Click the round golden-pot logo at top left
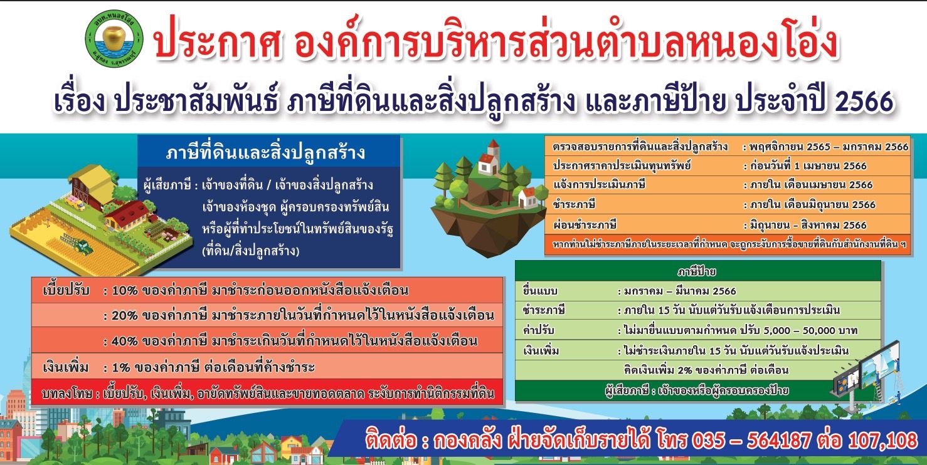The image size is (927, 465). pyautogui.click(x=114, y=37)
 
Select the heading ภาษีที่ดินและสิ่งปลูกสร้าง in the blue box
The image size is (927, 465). pyautogui.click(x=265, y=152)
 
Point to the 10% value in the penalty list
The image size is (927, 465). pyautogui.click(x=125, y=291)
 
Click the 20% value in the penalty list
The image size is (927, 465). pyautogui.click(x=125, y=316)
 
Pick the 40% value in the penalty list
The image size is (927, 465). pyautogui.click(x=125, y=342)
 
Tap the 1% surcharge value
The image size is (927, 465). pyautogui.click(x=120, y=367)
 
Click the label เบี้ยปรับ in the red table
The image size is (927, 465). pyautogui.click(x=66, y=290)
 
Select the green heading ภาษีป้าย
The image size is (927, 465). pyautogui.click(x=697, y=271)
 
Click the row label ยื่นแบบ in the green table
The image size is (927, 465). pyautogui.click(x=540, y=291)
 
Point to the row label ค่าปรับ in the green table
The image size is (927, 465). pyautogui.click(x=538, y=330)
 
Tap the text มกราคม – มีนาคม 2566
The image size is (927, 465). pyautogui.click(x=681, y=291)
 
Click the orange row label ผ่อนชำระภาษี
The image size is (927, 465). pyautogui.click(x=585, y=225)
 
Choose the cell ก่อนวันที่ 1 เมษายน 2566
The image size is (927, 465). pyautogui.click(x=808, y=166)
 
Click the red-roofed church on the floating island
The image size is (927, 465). pyautogui.click(x=489, y=158)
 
